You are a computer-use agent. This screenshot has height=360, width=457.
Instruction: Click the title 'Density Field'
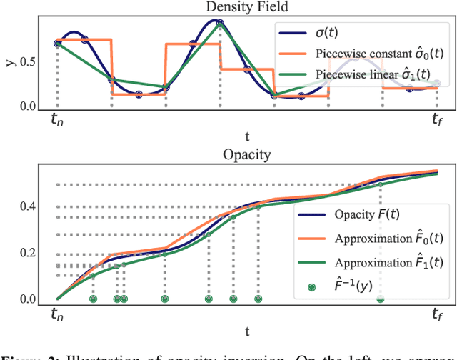246,8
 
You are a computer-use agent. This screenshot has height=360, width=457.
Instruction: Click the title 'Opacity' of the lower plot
246,154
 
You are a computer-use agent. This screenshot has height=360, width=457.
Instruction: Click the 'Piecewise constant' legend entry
364,54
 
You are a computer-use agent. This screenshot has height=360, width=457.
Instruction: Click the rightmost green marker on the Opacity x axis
381,299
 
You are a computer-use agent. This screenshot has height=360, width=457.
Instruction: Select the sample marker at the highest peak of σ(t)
220,23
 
